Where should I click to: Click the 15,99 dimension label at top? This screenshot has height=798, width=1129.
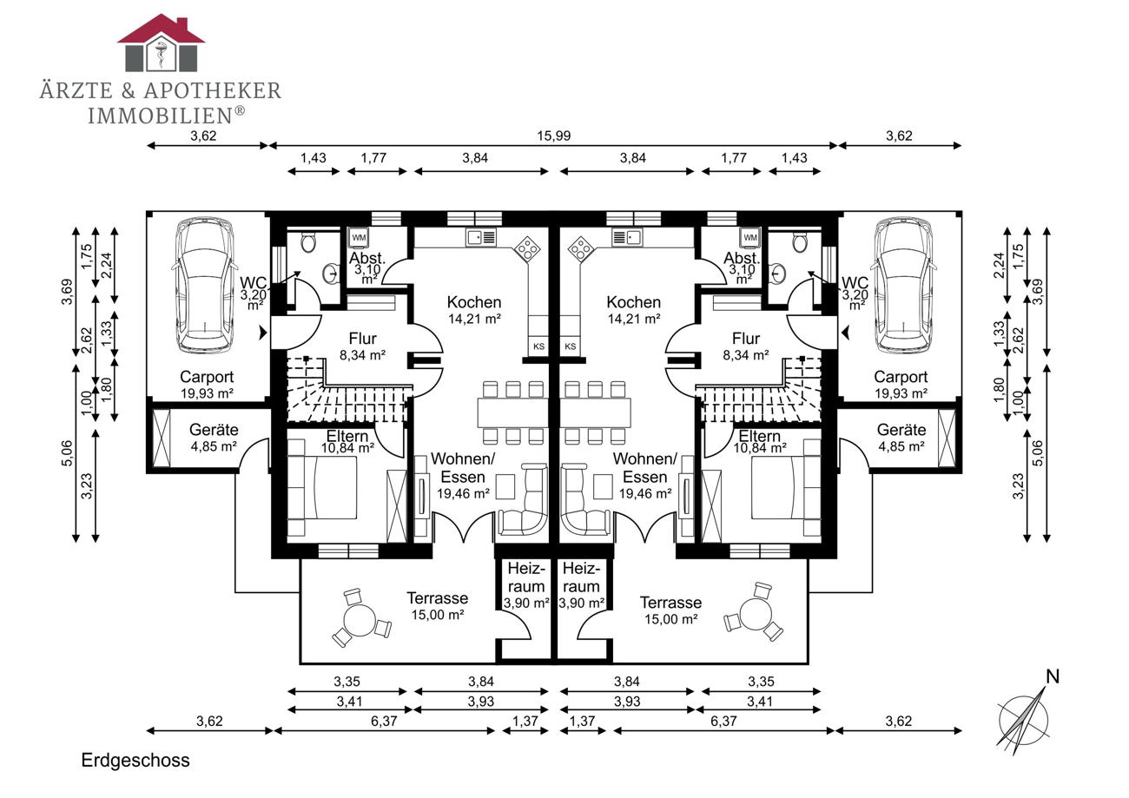(x=553, y=136)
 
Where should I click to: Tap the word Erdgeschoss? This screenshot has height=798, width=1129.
(x=135, y=760)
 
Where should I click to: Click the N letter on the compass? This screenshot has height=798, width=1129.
(x=1053, y=676)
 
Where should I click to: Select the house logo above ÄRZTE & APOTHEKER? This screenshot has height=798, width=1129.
(x=161, y=43)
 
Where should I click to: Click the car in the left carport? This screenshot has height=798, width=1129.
(x=205, y=285)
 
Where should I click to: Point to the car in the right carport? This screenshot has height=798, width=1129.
(x=902, y=285)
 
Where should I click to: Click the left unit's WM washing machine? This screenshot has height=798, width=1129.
(x=359, y=237)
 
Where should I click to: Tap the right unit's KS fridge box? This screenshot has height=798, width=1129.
(x=570, y=346)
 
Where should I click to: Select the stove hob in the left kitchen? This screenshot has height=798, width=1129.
(x=527, y=249)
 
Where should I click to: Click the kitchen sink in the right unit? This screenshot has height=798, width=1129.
(x=627, y=237)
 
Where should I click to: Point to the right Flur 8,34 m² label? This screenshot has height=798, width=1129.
(x=746, y=346)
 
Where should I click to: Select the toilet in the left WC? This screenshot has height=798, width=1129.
(x=308, y=241)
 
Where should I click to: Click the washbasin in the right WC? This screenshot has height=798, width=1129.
(x=779, y=274)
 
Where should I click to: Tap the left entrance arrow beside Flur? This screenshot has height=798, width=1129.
(x=262, y=333)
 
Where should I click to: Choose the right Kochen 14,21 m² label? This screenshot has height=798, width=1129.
(x=634, y=310)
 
